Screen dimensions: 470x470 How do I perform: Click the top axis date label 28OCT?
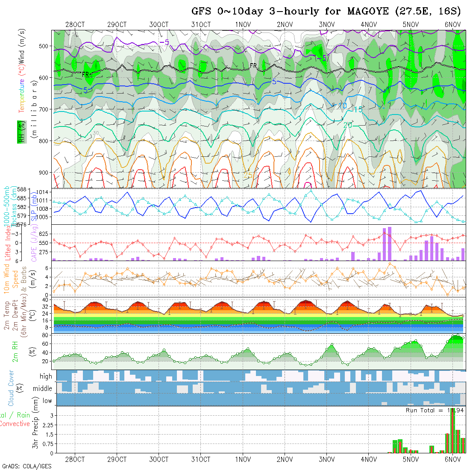(75, 24)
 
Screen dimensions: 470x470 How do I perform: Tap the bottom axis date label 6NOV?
(452, 459)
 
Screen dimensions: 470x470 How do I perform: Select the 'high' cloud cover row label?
(46, 376)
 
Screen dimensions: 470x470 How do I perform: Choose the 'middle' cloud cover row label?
(43, 388)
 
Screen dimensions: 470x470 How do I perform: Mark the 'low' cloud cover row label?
(47, 401)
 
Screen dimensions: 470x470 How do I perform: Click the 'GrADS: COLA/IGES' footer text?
(26, 466)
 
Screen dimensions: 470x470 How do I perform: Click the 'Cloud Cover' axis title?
(11, 388)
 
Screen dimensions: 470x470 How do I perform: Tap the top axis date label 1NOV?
(243, 24)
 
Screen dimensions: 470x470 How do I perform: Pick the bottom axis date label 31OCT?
(201, 459)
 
